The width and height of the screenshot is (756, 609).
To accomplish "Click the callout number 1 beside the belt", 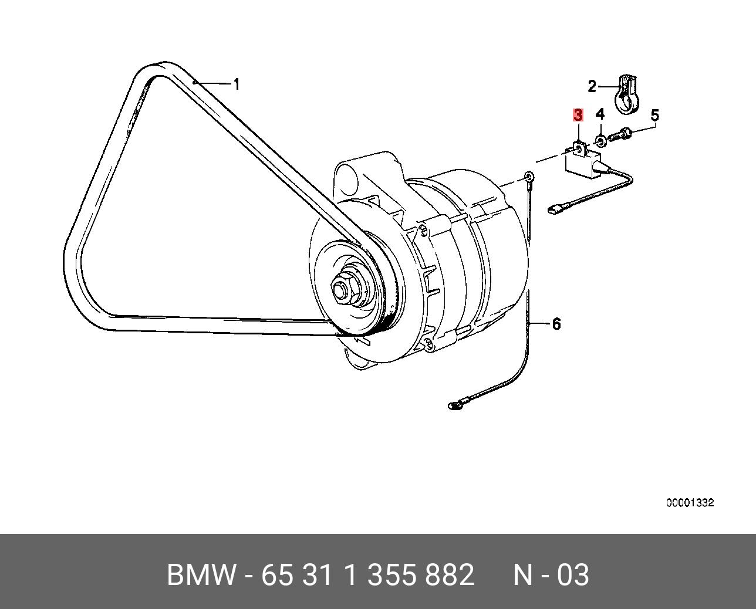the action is (237, 84).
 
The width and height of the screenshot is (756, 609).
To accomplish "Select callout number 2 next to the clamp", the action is (592, 86).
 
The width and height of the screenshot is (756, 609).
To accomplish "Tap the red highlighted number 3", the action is (578, 115).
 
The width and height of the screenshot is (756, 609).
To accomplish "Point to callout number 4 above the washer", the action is (600, 114).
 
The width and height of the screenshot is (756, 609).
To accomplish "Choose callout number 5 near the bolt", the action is (655, 115).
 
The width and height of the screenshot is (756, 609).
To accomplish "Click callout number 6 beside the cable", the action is (556, 324).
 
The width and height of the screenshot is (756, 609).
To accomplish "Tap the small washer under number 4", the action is (600, 141).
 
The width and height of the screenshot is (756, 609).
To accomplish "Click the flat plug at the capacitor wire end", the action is (553, 210).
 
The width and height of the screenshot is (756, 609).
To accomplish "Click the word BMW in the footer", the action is (201, 575).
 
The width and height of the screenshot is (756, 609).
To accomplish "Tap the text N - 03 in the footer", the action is (551, 575).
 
